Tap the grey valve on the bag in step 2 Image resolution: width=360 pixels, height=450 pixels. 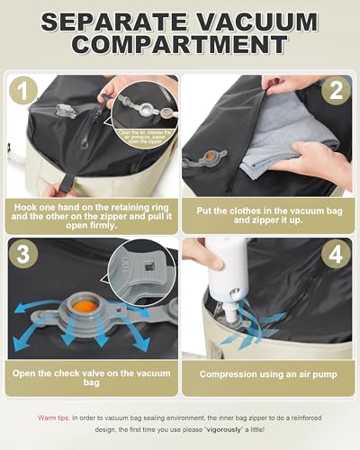(x=200, y=161)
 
